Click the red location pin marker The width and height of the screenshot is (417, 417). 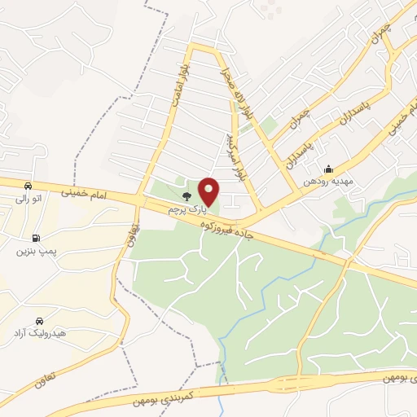click(209, 191)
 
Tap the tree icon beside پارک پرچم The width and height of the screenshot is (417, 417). click(187, 196)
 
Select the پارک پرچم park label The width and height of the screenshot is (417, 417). click(183, 209)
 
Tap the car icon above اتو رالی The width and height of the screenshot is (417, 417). click(29, 185)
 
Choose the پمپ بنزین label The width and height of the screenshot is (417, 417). click(33, 251)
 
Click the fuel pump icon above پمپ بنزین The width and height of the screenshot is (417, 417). click(36, 238)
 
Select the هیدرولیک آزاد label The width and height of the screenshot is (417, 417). click(39, 334)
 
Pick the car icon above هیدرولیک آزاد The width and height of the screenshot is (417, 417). click(40, 321)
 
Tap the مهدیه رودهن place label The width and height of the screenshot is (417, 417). click(327, 182)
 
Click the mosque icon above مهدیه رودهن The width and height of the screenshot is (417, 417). click(327, 169)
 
